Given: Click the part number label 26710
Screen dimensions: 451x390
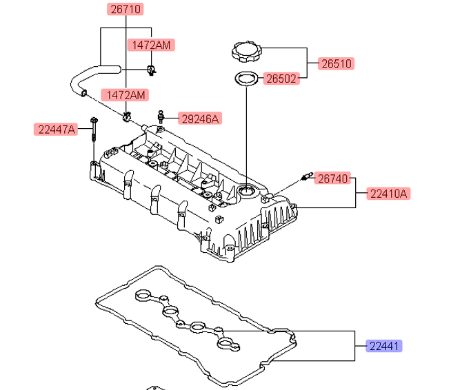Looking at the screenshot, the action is click(x=125, y=9).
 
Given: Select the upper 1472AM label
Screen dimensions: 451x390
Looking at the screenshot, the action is click(x=151, y=45).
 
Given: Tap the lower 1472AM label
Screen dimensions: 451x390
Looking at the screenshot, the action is click(x=125, y=95).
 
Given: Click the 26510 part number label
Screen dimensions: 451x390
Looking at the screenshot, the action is click(x=336, y=63).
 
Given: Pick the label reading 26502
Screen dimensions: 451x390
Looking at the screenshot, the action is click(x=281, y=79).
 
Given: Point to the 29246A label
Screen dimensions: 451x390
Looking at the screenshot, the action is click(x=200, y=119).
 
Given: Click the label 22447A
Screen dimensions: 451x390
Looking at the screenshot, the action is click(x=56, y=130).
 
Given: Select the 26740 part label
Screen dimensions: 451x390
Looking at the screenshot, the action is click(x=332, y=178).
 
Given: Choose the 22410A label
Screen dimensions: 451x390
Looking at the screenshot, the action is click(x=388, y=194).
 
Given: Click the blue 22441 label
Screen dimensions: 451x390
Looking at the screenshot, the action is click(x=384, y=346).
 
